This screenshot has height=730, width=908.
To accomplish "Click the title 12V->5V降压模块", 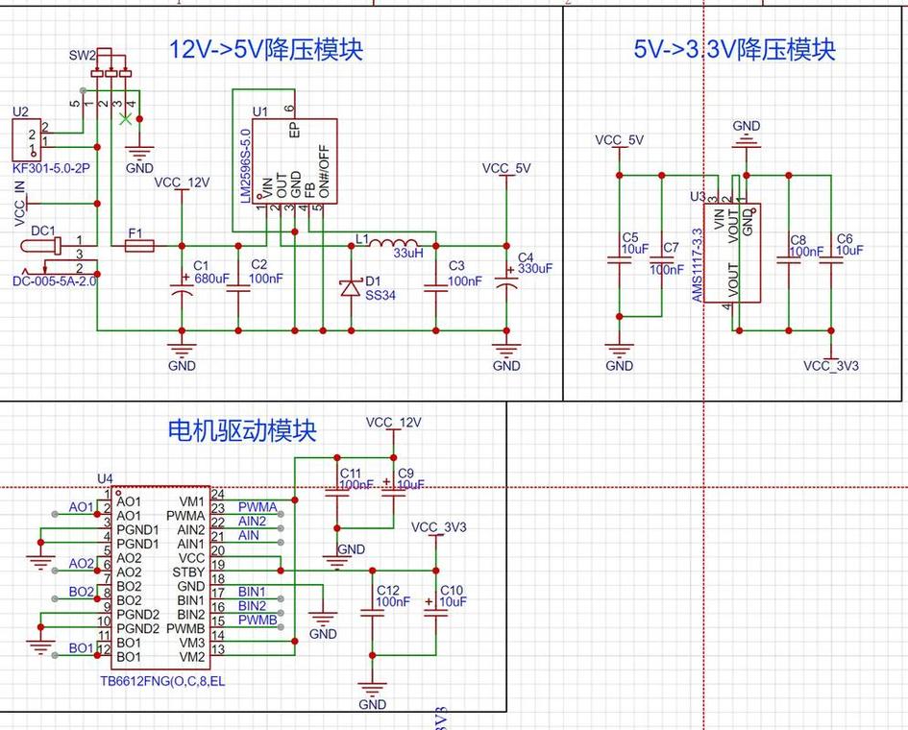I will point(266,50).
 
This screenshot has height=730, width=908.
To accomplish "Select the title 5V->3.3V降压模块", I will point(734,50).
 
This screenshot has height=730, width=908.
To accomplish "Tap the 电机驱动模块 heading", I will point(241,429).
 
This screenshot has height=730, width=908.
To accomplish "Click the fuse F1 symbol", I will point(139,247).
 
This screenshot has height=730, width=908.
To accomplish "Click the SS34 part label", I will point(380,296).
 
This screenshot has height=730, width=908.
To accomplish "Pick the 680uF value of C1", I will point(211,279).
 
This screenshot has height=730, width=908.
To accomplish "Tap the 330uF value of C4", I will point(535,269).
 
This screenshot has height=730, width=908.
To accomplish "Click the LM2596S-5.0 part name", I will point(245,165).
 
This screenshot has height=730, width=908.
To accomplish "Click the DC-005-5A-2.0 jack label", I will point(55,281).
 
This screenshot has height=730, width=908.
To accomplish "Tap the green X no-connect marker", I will point(124,119).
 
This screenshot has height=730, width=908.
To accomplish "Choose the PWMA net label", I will point(257,506).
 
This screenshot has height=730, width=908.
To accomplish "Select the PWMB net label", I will point(257,620).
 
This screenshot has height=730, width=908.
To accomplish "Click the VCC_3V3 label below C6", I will point(831,366).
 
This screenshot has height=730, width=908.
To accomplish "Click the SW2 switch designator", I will point(82,56).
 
